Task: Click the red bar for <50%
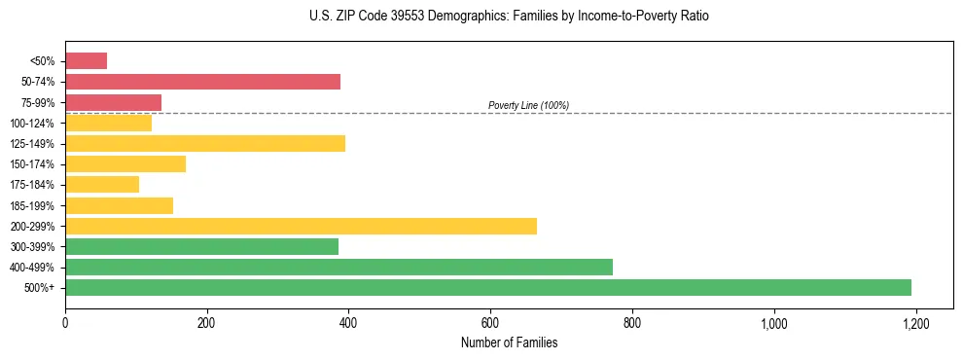point(86,61)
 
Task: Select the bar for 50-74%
point(202,82)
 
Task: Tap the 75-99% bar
point(113,102)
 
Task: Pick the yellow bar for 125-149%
point(205,144)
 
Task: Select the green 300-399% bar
point(201,247)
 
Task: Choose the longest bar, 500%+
point(488,288)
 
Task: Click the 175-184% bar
point(102,185)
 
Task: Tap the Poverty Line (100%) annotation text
point(528,105)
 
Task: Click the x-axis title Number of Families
point(509,343)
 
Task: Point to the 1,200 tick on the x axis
point(915,323)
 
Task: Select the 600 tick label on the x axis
point(490,323)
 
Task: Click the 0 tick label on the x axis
point(65,323)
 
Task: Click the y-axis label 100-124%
point(32,124)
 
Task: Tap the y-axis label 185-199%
point(32,206)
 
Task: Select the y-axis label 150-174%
point(32,164)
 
